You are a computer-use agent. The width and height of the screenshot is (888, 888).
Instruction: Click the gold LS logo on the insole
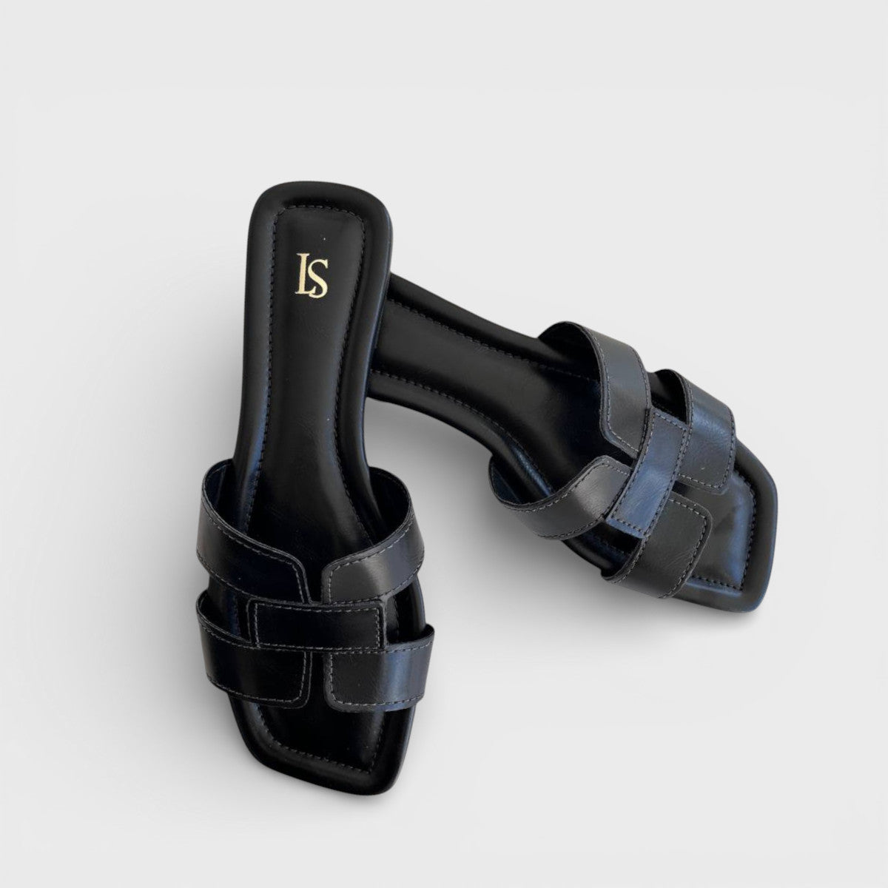[x=312, y=275]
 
